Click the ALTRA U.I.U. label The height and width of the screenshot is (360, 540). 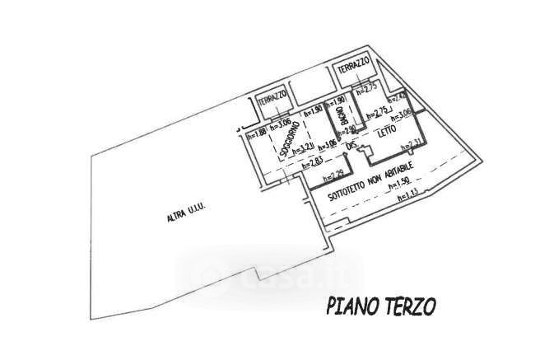(x=185, y=216)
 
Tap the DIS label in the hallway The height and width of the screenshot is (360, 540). (x=351, y=146)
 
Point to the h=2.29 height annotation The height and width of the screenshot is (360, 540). (x=332, y=175)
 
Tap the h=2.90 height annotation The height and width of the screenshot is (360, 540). (x=346, y=129)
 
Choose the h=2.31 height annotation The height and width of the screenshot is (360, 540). (x=411, y=147)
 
